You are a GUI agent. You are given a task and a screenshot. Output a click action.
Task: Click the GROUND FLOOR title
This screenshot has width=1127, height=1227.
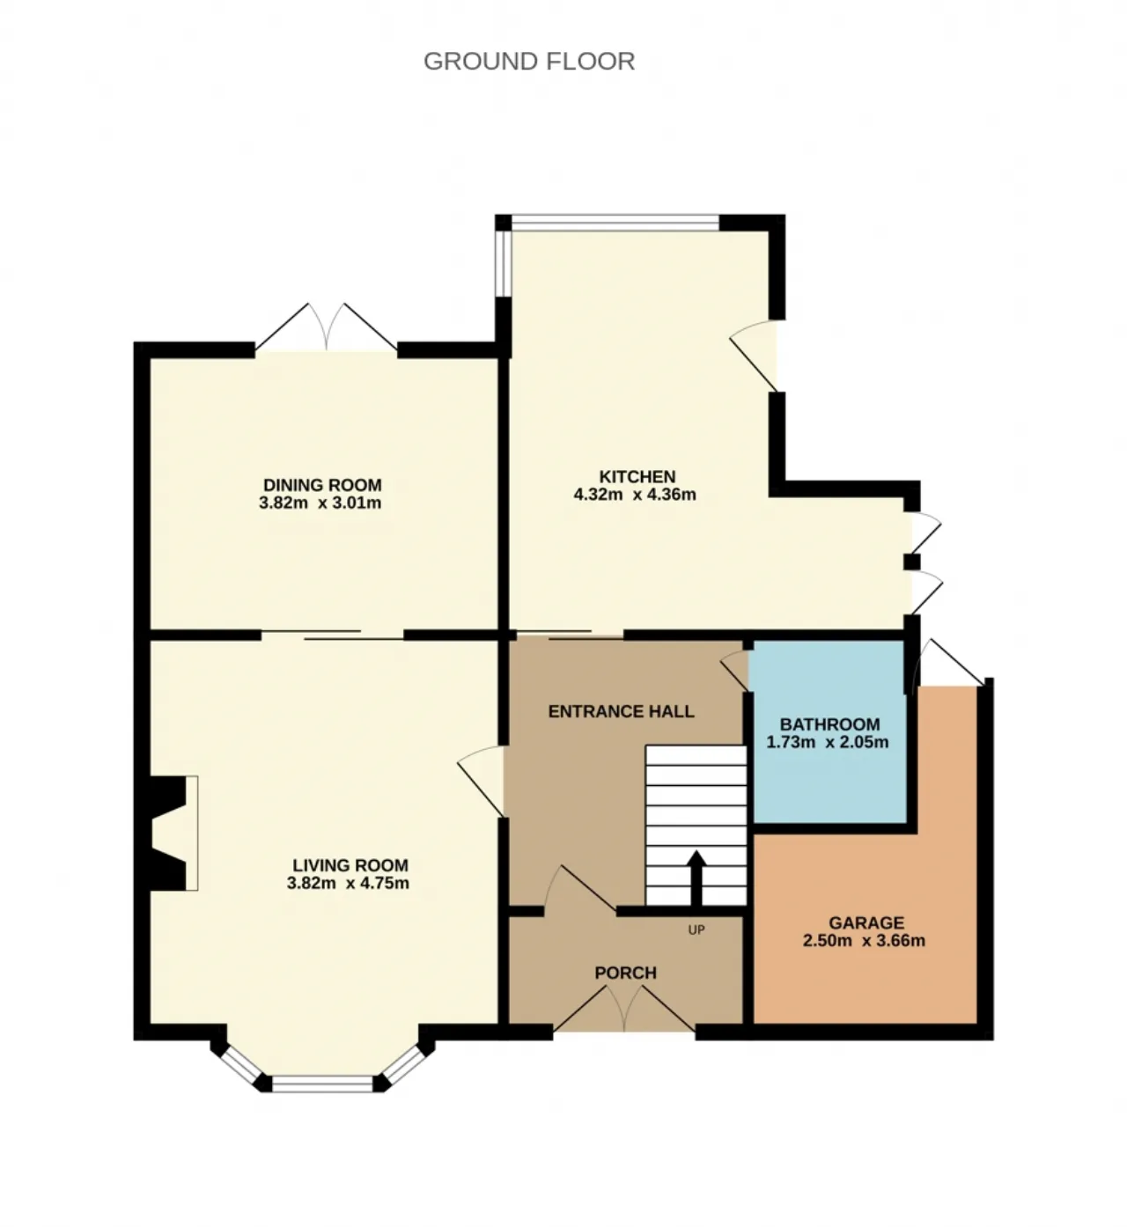528,61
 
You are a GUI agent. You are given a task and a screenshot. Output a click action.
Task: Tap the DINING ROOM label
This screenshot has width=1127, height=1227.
322,485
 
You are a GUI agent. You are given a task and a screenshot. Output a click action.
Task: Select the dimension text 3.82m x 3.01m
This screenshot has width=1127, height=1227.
320,503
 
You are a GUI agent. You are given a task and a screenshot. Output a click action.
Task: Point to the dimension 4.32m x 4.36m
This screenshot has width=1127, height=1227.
635,495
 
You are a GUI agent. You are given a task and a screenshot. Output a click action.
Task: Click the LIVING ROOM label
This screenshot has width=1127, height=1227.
350,865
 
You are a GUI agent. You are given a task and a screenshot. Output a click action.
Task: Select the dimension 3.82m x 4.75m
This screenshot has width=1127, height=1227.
348,884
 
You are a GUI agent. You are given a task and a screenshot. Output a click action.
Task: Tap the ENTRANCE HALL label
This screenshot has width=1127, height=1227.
621,711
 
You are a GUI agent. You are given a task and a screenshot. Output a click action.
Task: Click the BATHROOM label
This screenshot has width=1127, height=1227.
829,724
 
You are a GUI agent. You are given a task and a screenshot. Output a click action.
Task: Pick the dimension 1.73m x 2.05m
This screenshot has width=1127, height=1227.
828,742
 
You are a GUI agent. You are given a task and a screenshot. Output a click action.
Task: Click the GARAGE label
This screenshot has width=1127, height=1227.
866,922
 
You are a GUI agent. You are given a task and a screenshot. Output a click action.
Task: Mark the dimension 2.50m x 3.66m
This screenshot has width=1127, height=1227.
864,941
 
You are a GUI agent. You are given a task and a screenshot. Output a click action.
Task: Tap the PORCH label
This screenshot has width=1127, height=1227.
625,973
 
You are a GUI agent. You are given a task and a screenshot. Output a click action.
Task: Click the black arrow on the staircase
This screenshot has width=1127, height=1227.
696,877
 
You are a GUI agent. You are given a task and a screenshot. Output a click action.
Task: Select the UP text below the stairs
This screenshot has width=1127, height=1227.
696,929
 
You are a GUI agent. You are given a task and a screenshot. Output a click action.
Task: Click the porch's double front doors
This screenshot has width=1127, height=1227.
624,1010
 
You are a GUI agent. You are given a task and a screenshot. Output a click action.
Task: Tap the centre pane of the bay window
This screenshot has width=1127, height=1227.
322,1083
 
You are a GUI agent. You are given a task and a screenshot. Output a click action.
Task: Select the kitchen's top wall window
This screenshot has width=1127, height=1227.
616,224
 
